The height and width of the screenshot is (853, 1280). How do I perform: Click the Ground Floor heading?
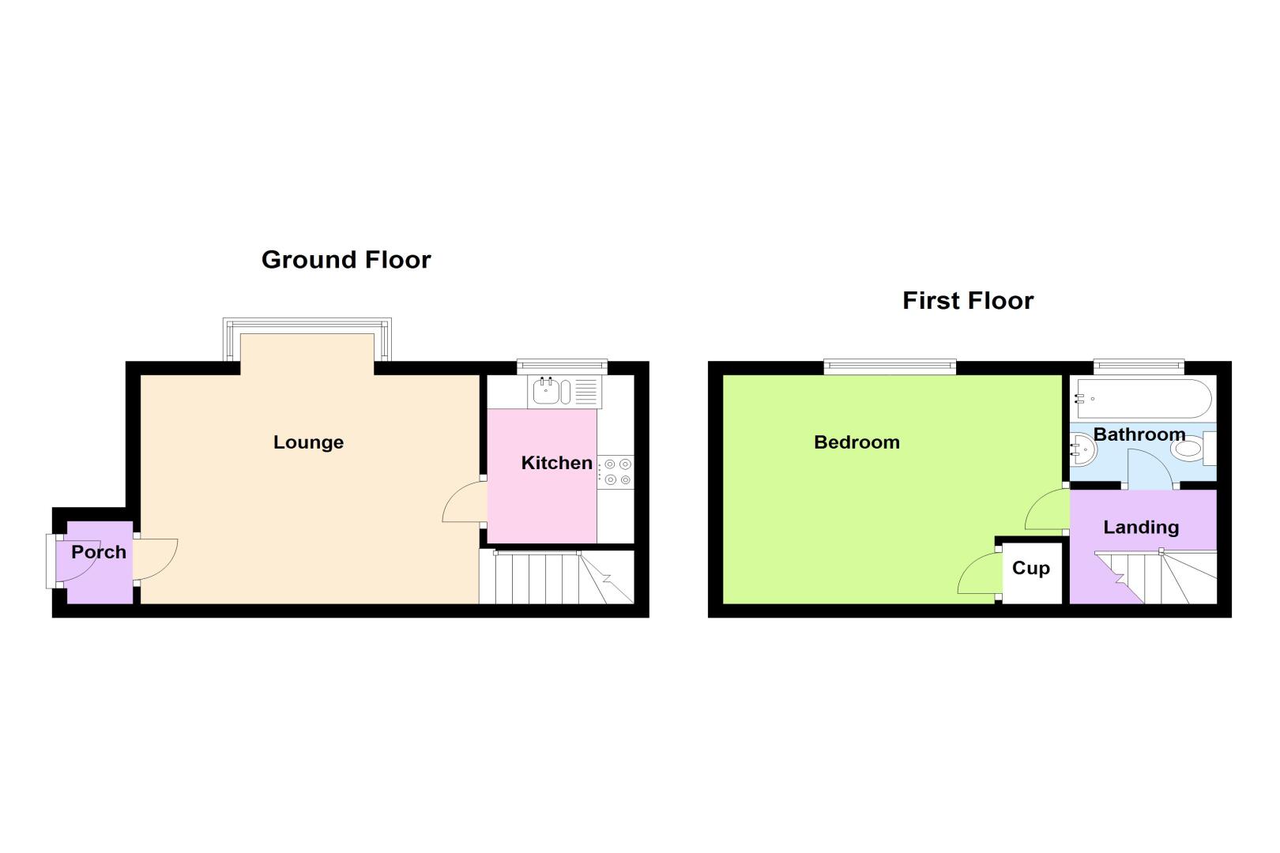tap(346, 260)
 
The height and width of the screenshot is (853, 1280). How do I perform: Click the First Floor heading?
tap(968, 300)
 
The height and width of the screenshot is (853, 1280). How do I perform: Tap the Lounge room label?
tap(309, 442)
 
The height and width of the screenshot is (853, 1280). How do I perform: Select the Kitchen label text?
tap(556, 463)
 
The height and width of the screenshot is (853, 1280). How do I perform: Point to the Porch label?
tap(99, 552)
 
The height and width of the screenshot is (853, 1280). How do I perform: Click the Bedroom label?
tap(856, 442)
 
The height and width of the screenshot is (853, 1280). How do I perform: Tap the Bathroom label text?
tap(1139, 434)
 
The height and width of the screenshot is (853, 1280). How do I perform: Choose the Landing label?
tap(1141, 528)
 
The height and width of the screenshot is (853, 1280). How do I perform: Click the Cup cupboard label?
tap(1031, 569)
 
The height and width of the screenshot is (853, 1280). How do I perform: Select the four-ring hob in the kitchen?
tap(616, 472)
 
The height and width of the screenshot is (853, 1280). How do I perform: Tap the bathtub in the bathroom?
tap(1143, 399)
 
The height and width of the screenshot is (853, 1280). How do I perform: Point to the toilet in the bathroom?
tap(1193, 448)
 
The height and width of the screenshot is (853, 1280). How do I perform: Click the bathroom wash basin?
tap(1082, 450)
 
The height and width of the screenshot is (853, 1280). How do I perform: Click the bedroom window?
tap(890, 366)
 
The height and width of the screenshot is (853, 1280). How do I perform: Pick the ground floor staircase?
tap(556, 577)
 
